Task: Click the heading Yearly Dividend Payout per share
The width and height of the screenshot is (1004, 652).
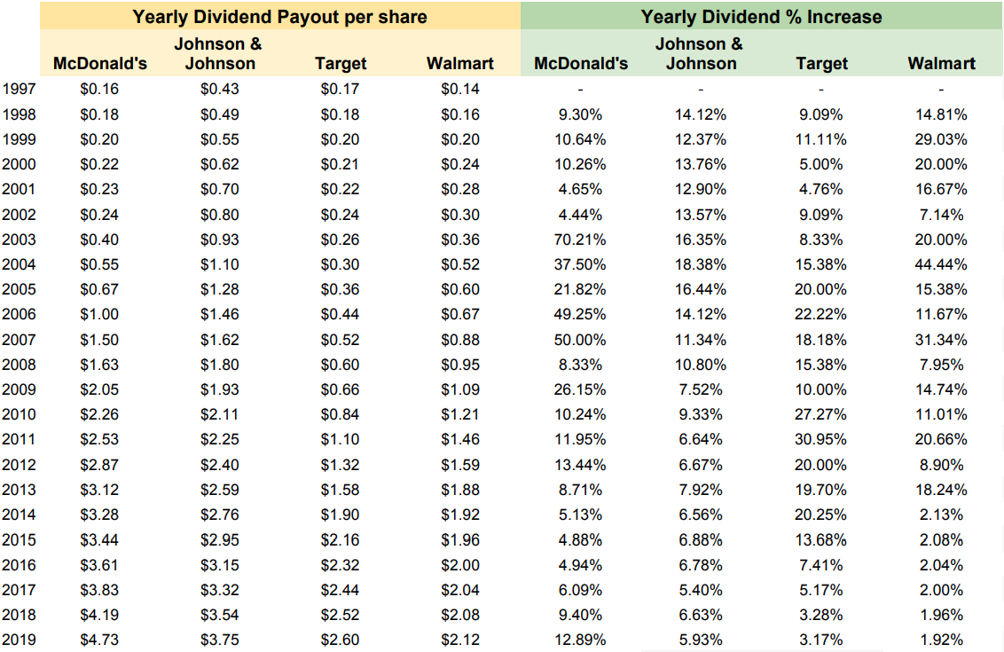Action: pyautogui.click(x=280, y=17)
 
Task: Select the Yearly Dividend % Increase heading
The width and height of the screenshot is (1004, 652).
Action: pyautogui.click(x=761, y=17)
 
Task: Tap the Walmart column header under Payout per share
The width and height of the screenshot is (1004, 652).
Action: pyautogui.click(x=459, y=63)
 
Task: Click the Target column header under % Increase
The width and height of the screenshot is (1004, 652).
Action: pyautogui.click(x=821, y=63)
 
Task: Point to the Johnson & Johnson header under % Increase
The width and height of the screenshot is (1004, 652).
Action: pyautogui.click(x=701, y=53)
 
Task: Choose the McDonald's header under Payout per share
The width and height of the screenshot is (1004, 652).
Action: pyautogui.click(x=100, y=63)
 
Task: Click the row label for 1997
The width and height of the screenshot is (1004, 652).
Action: pyautogui.click(x=20, y=89)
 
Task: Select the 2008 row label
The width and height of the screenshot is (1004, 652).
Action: pyautogui.click(x=20, y=365)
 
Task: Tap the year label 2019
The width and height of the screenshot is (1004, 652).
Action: pyautogui.click(x=20, y=640)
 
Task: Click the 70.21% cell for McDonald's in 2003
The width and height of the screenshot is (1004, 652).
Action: pyautogui.click(x=581, y=240)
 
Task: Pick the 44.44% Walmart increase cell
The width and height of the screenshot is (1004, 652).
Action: pyautogui.click(x=942, y=264)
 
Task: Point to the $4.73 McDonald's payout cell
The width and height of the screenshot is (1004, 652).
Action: pyautogui.click(x=99, y=640)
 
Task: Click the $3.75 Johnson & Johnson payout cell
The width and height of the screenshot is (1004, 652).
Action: pyautogui.click(x=220, y=640)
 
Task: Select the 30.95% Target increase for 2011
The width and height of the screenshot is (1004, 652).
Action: pyautogui.click(x=821, y=440)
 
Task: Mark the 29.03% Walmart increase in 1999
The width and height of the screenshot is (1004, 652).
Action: pyautogui.click(x=942, y=139)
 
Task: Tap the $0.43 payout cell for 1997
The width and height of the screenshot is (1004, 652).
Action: pyautogui.click(x=220, y=89)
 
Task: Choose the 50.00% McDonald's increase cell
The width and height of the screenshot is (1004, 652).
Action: pyautogui.click(x=581, y=340)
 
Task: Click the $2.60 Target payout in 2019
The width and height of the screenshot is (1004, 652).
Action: pyautogui.click(x=341, y=640)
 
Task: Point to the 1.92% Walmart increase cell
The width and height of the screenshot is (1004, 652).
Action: pyautogui.click(x=942, y=640)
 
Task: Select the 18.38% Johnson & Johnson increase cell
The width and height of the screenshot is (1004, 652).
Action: pyautogui.click(x=701, y=264)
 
